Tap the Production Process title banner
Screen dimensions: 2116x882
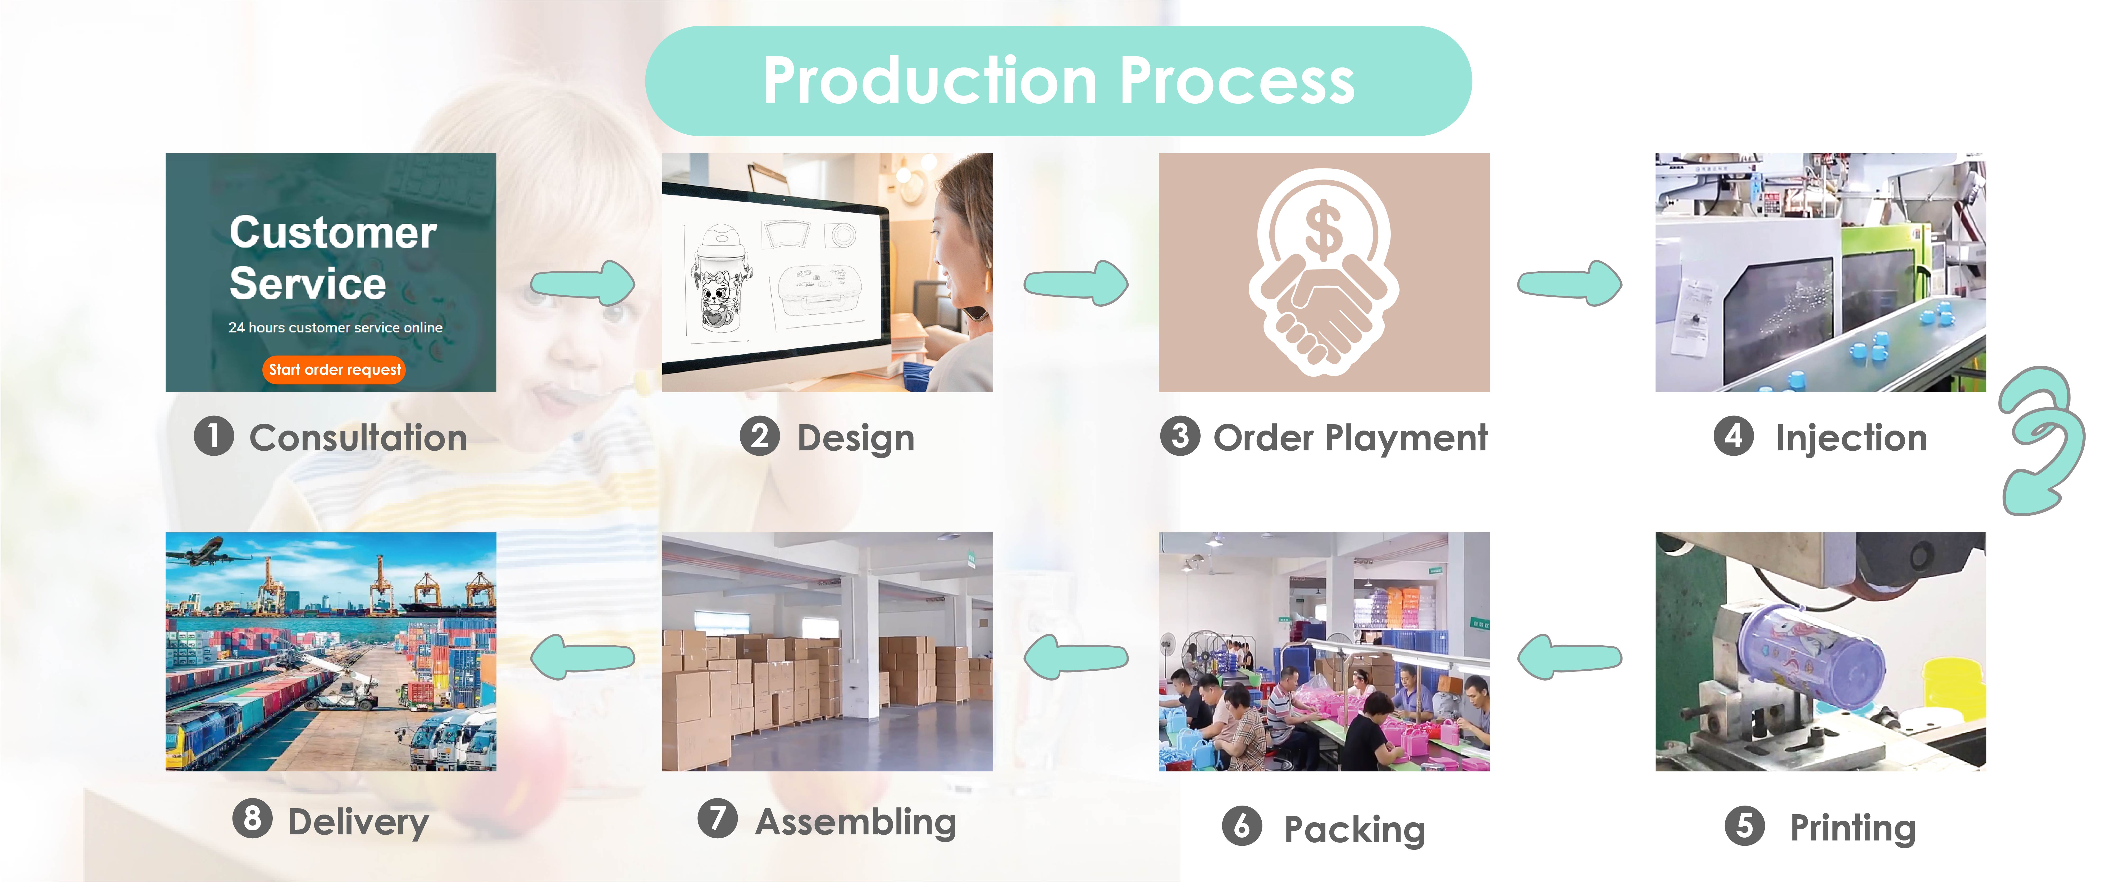1058,80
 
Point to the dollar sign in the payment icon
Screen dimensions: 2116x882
1323,232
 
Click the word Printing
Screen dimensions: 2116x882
1853,828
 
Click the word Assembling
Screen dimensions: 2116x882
856,822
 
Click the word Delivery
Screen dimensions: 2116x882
358,822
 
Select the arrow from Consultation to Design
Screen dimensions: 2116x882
583,283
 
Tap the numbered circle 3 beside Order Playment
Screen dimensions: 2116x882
1180,436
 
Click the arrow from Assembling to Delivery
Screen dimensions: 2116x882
583,657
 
